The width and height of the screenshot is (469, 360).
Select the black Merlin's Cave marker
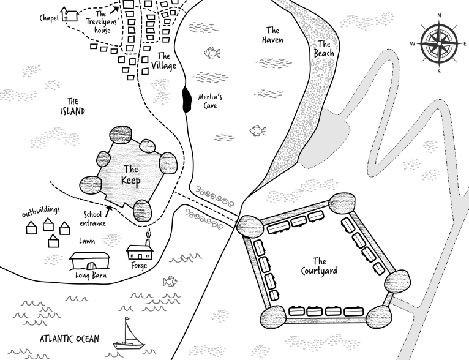coord(186,100)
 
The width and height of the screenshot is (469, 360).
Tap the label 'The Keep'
coord(131,174)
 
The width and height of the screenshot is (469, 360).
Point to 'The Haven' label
coord(272,35)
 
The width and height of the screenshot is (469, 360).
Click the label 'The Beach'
coord(323,49)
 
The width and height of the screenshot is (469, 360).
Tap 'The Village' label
coord(163,61)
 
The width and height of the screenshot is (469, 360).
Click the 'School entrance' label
coord(93,219)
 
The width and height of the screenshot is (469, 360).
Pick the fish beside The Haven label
coord(212,53)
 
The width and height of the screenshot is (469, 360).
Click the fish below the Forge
coord(170,282)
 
